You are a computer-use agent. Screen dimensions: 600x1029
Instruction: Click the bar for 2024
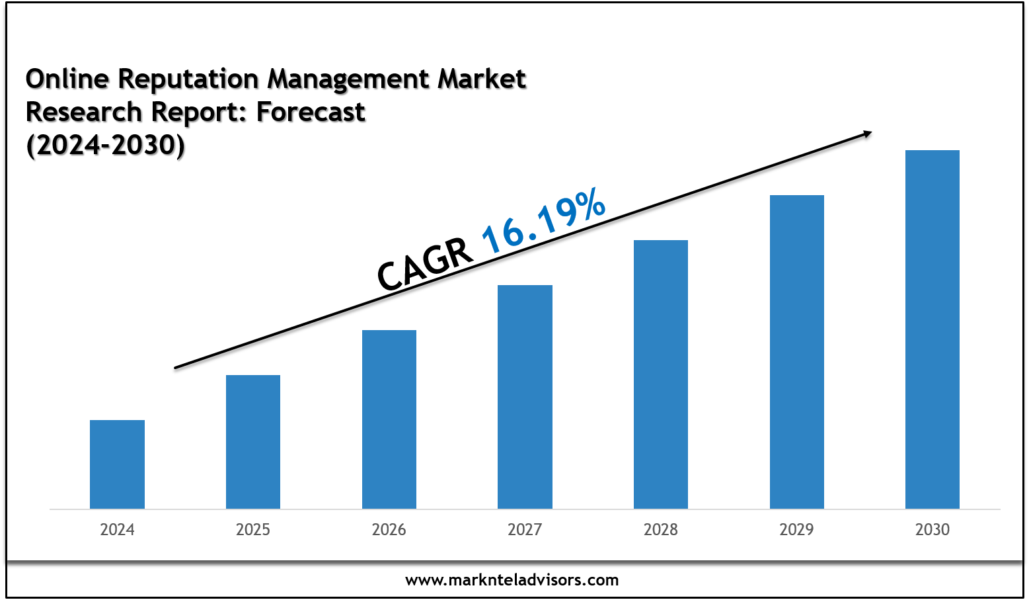click(x=117, y=464)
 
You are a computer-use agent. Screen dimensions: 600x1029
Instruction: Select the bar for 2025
click(x=253, y=441)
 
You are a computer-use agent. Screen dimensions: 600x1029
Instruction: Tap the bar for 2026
click(x=389, y=419)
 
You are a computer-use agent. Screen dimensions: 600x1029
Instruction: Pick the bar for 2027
click(x=525, y=396)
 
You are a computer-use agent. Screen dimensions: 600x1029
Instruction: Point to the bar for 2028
click(x=661, y=374)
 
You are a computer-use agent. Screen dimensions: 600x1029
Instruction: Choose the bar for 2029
click(x=797, y=351)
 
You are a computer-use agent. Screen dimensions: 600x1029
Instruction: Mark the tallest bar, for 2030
click(x=933, y=329)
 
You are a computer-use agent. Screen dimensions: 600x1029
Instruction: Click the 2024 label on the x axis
click(x=117, y=529)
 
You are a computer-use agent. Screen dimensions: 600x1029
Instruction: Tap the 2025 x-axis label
click(x=253, y=529)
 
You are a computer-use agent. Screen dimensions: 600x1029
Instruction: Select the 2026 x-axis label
click(x=389, y=529)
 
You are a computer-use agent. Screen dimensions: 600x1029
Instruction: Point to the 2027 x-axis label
click(x=525, y=529)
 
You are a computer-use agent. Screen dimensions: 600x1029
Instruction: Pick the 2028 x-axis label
click(x=661, y=529)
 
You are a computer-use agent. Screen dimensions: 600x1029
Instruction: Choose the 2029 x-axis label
click(x=797, y=529)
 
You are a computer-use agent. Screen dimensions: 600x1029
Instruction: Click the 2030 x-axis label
click(x=933, y=529)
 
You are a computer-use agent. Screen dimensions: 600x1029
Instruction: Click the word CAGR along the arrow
click(x=425, y=265)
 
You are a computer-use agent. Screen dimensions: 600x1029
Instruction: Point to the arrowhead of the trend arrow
click(x=866, y=134)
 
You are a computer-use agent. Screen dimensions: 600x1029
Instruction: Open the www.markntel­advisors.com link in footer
click(x=512, y=580)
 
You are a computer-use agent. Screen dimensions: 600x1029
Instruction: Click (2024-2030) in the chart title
click(x=106, y=145)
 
